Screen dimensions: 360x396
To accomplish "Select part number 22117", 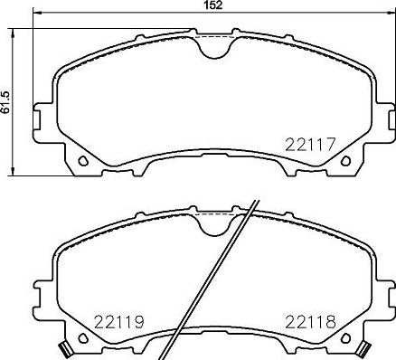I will [311, 142].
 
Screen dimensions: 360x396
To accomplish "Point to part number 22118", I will [310, 320].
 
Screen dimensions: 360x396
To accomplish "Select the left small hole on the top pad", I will [83, 162].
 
